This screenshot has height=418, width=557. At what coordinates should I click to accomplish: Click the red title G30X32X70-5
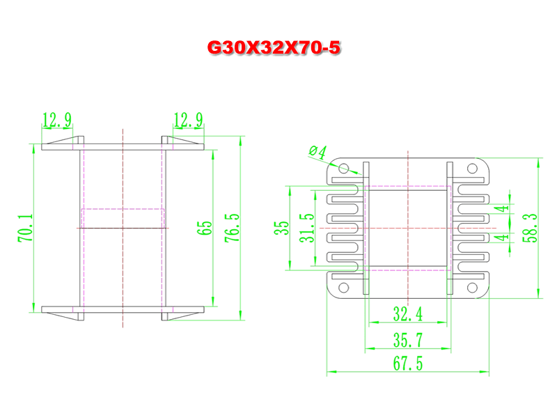[x=274, y=47]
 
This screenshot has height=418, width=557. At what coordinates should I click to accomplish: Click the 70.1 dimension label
[x=26, y=229]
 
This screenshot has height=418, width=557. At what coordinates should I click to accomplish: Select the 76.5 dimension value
[x=233, y=229]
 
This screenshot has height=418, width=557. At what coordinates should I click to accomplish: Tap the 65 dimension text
[x=204, y=228]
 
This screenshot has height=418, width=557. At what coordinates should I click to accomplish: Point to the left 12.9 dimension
[x=57, y=120]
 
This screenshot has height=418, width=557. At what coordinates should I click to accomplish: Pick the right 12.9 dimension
[x=188, y=120]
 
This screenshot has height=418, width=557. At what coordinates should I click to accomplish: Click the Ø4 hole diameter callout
[x=318, y=152]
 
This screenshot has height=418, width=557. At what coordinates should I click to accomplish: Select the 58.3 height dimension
[x=530, y=229]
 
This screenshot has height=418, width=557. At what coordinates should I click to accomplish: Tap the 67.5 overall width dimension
[x=408, y=364]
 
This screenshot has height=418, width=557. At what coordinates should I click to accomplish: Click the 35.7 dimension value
[x=408, y=340]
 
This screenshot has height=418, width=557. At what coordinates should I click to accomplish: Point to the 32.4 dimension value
[x=408, y=314]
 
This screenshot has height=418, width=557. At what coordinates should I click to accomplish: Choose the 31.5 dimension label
[x=307, y=229]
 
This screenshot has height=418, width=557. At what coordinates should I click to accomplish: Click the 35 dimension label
[x=282, y=228]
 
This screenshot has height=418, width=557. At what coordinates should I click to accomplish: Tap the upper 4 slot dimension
[x=502, y=208]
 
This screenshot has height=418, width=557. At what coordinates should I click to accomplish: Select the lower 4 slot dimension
[x=502, y=237]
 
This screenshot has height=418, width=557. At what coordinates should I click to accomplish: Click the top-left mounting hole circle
[x=343, y=168]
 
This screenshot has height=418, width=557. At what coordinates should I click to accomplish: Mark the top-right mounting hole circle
[x=472, y=168]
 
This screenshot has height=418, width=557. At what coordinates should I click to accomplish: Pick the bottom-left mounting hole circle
[x=343, y=288]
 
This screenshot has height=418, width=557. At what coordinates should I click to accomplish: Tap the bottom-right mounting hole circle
[x=472, y=288]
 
